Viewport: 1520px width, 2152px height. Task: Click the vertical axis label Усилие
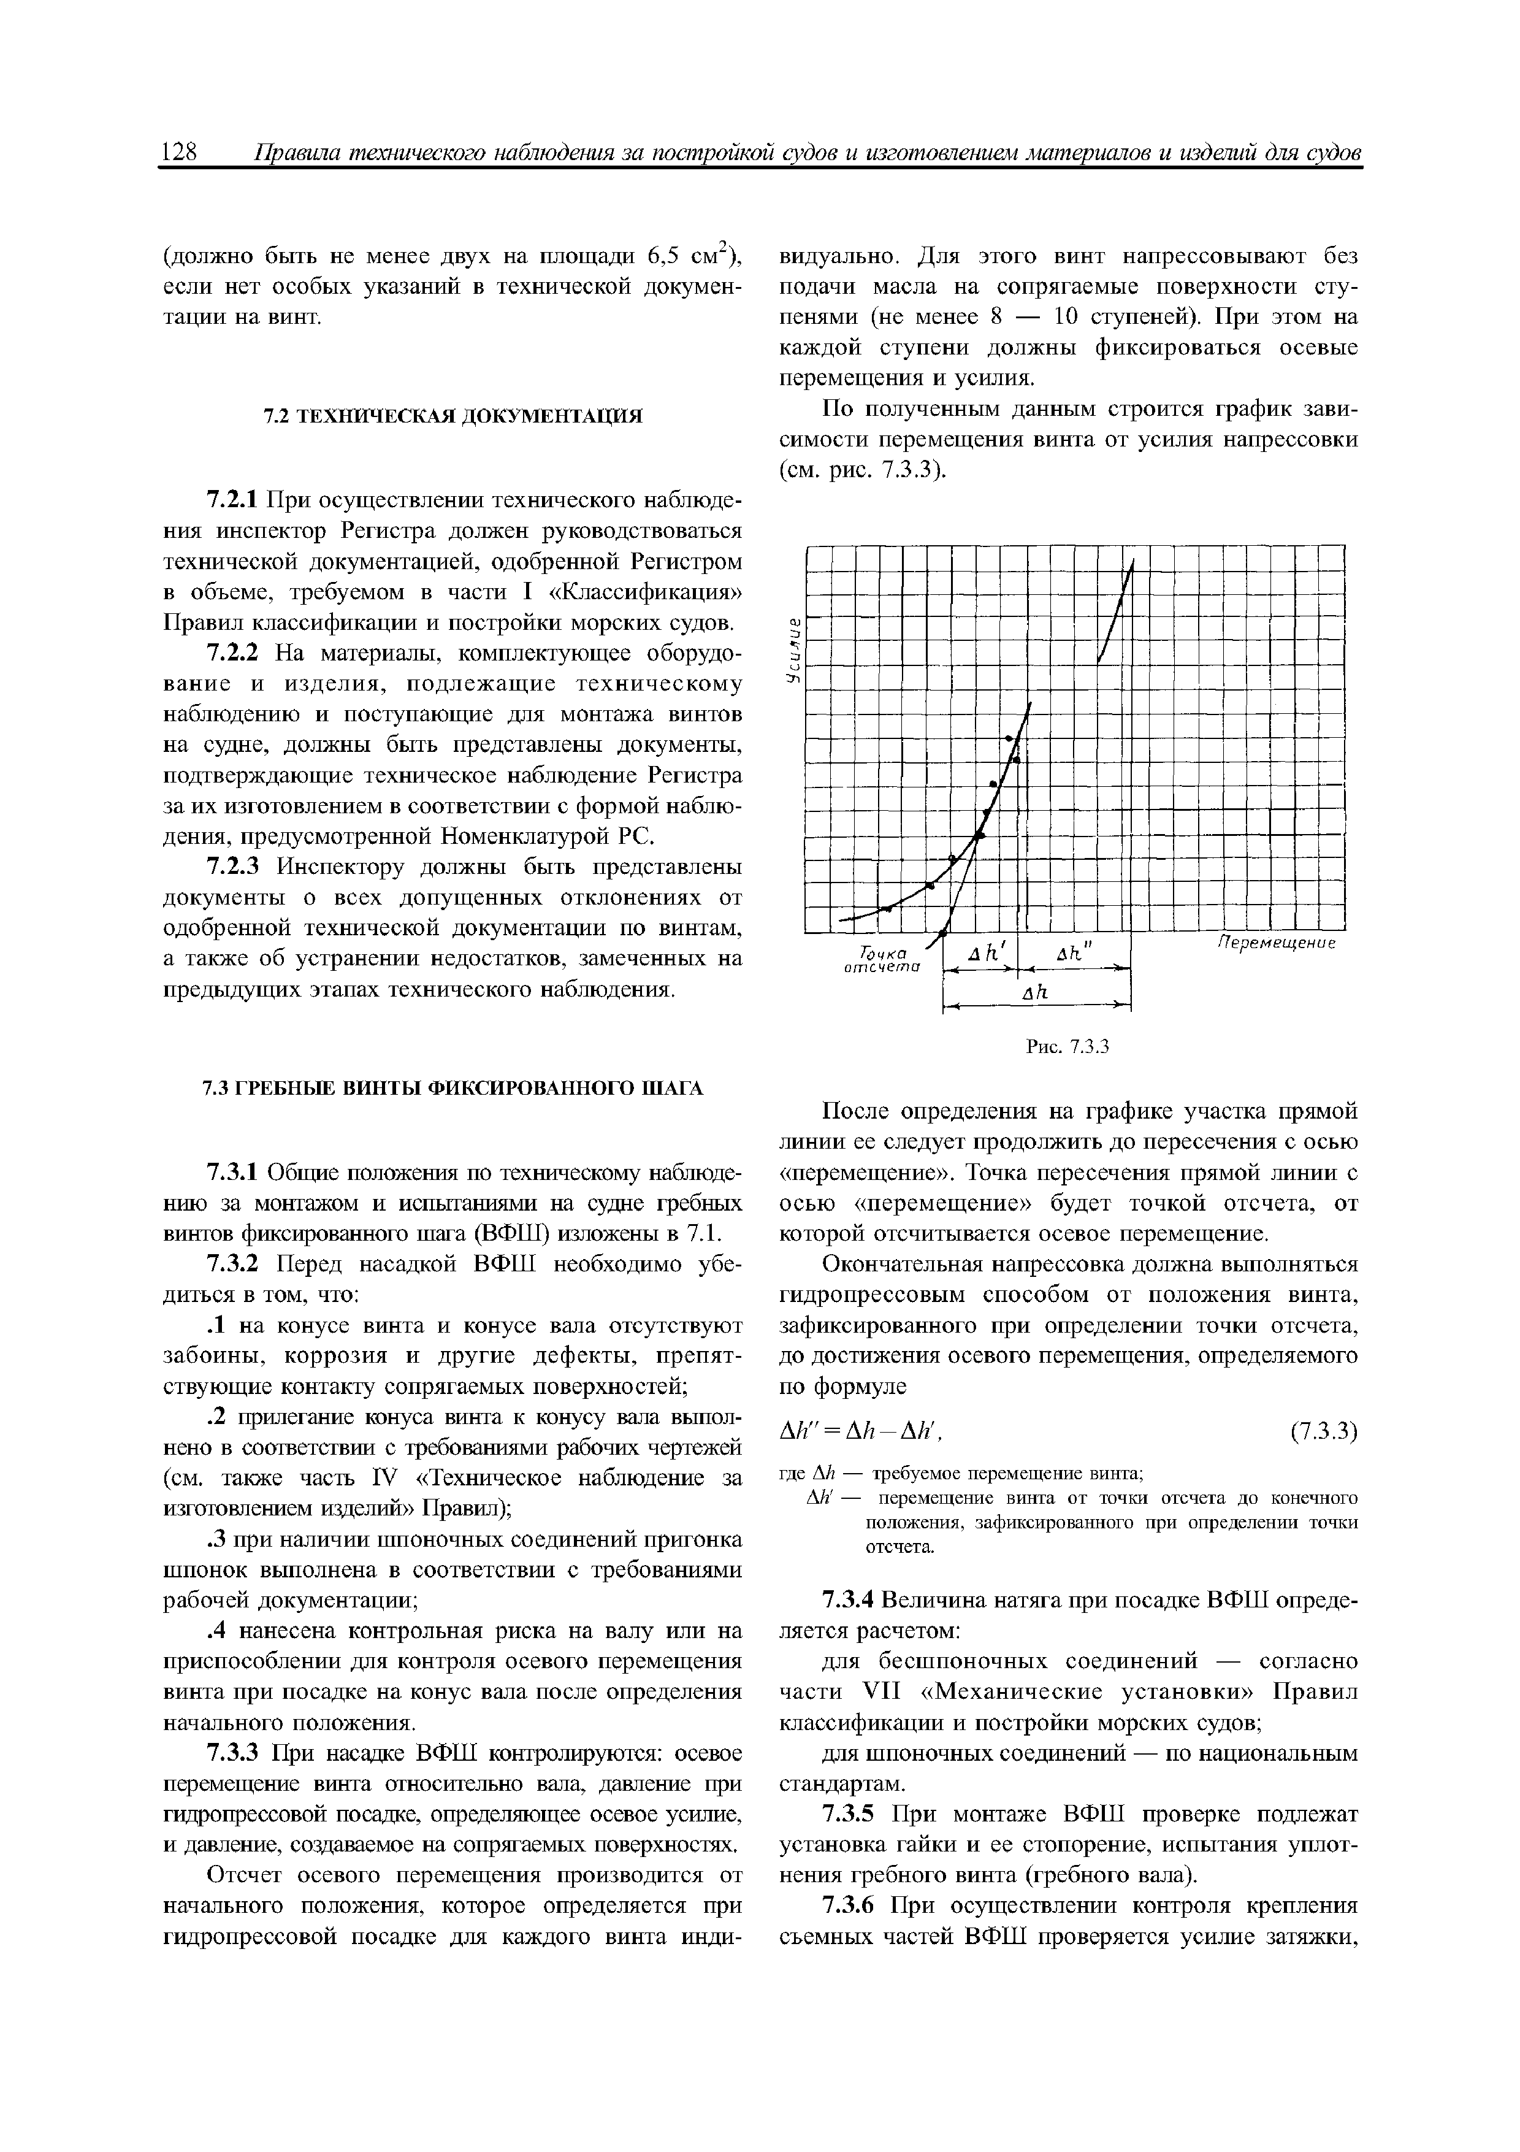(x=793, y=649)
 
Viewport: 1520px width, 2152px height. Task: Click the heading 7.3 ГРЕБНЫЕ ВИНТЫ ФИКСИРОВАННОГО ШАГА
(x=453, y=1087)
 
